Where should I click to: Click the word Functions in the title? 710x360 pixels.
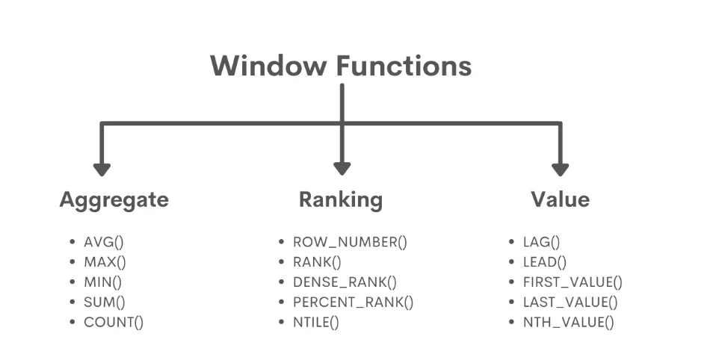403,66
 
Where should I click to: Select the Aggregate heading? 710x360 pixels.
114,200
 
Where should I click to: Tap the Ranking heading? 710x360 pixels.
341,200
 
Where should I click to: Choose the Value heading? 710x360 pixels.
560,200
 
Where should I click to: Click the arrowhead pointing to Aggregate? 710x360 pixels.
102,169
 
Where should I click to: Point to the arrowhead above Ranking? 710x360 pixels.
342,169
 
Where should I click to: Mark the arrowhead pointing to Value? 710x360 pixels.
560,169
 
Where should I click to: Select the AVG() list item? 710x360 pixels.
105,242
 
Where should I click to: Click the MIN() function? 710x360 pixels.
103,282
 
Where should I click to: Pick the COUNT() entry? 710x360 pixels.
114,323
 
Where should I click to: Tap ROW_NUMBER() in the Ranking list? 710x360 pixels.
350,242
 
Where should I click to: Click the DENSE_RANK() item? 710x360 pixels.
345,282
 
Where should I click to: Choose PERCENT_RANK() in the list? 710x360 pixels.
353,302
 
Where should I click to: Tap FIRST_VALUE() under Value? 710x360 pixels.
573,282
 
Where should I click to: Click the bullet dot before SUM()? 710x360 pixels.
72,302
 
